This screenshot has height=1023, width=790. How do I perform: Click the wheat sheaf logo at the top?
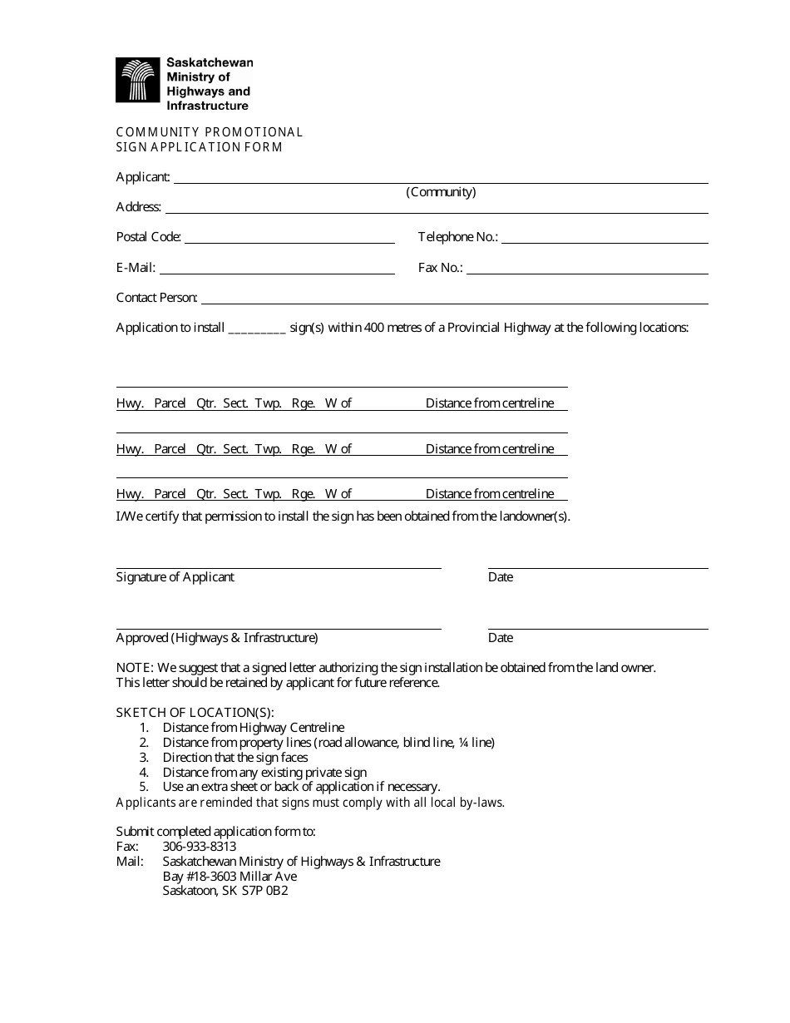[x=137, y=81]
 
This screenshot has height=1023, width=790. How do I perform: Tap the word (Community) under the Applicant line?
[x=441, y=192]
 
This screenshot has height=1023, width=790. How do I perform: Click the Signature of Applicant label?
[x=175, y=577]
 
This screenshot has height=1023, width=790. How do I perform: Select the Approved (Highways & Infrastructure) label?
[x=217, y=638]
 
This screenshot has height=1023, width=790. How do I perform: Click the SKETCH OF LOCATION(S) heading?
[x=195, y=713]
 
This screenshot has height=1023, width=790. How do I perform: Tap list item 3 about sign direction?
[x=235, y=758]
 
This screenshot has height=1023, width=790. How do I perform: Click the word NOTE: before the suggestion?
[x=135, y=668]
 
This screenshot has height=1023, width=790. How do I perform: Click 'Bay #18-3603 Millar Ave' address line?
[x=230, y=877]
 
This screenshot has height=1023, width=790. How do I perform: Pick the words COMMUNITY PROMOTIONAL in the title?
[x=210, y=132]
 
